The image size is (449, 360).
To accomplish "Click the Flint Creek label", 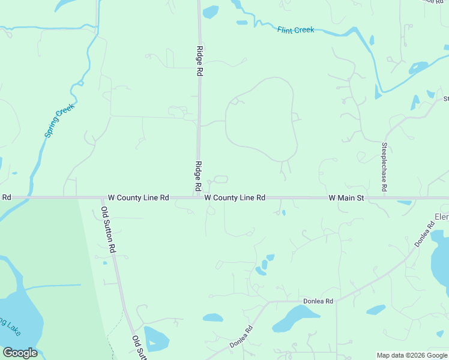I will (296, 30).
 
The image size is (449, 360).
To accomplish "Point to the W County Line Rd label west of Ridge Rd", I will (139, 197).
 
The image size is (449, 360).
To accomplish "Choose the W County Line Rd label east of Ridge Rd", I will (235, 197).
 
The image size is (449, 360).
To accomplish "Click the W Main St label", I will (346, 197).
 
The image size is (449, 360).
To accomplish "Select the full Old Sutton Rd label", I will (108, 229).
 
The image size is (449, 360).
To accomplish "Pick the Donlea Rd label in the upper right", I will (424, 235).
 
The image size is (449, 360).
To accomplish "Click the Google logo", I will (20, 353).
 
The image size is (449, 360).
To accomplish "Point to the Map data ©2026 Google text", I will (412, 355).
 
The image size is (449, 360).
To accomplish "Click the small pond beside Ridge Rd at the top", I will (211, 12).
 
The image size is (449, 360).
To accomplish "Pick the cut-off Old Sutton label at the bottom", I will (138, 347).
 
